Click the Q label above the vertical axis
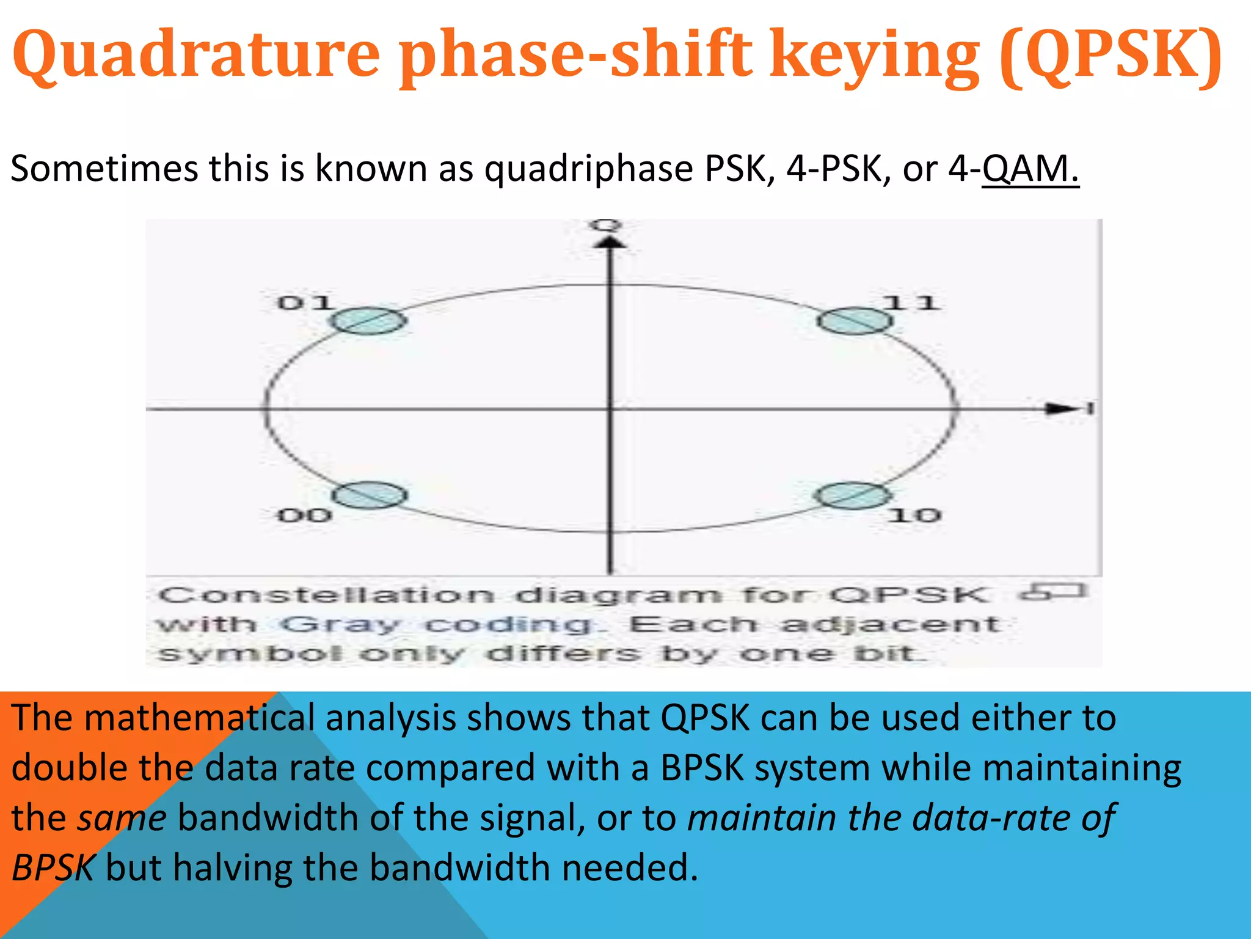pyautogui.click(x=606, y=226)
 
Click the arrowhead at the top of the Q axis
pyautogui.click(x=609, y=243)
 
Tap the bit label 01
pyautogui.click(x=304, y=303)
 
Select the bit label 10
pyautogui.click(x=914, y=515)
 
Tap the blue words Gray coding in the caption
pyautogui.click(x=437, y=625)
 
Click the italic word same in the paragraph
pyautogui.click(x=122, y=818)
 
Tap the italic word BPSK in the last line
pyautogui.click(x=53, y=868)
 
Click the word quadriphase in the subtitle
pyautogui.click(x=588, y=169)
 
